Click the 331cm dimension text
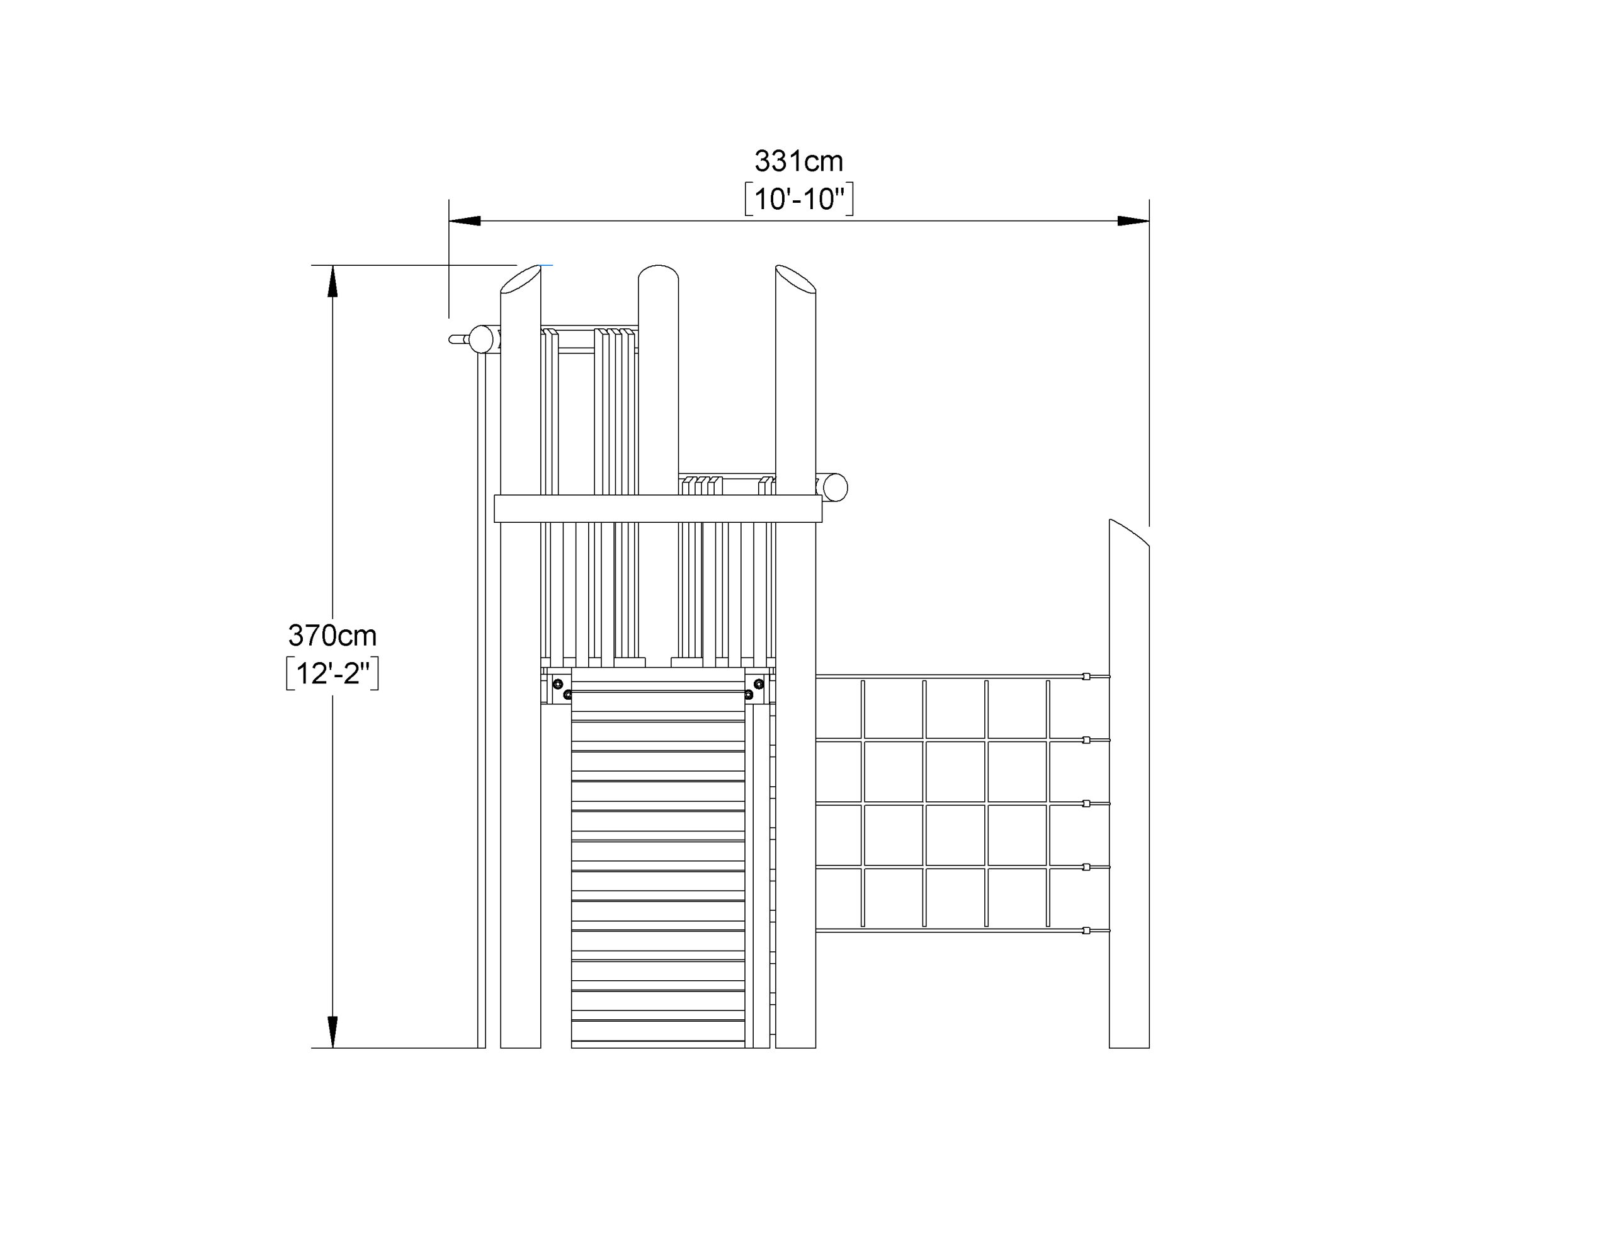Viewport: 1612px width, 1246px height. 798,161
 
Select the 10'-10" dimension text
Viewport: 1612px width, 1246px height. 798,198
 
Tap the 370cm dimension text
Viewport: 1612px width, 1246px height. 332,635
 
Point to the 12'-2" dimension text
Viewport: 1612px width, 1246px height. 332,673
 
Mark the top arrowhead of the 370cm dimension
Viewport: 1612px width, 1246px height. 332,281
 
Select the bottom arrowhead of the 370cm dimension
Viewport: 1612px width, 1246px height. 332,1032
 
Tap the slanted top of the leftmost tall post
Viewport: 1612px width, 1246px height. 520,280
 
